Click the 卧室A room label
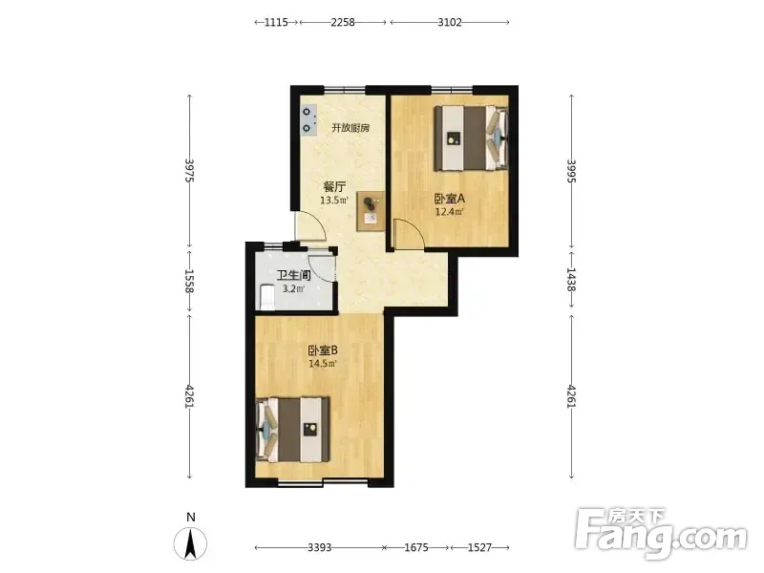point(449,199)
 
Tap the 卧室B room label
point(323,350)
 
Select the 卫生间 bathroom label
point(294,275)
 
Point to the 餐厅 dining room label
point(335,186)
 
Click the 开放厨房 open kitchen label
point(350,128)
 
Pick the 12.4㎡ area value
point(449,212)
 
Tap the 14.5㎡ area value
point(322,364)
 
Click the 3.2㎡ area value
point(294,289)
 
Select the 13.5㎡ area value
point(333,201)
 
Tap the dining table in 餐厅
point(371,211)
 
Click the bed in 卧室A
point(471,138)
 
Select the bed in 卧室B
point(292,430)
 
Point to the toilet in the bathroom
point(266,297)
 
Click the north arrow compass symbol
point(190,542)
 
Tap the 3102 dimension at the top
point(449,22)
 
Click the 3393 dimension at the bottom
point(319,547)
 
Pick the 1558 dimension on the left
point(189,281)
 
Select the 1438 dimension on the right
point(571,280)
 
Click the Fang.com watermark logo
point(661,533)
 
